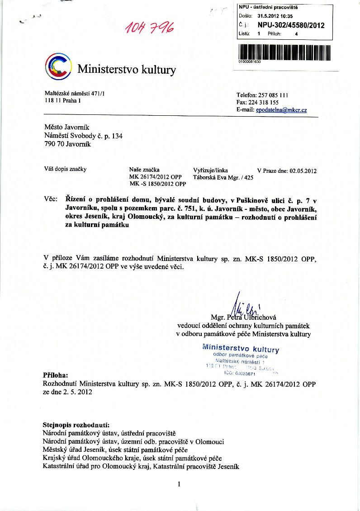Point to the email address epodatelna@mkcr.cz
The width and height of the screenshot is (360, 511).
pyautogui.click(x=281, y=110)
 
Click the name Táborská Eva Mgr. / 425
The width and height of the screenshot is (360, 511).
pyautogui.click(x=223, y=178)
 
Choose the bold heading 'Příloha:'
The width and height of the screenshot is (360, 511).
pyautogui.click(x=55, y=375)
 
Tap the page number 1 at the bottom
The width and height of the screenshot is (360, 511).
pyautogui.click(x=180, y=484)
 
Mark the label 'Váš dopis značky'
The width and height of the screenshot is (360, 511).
pyautogui.click(x=65, y=169)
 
